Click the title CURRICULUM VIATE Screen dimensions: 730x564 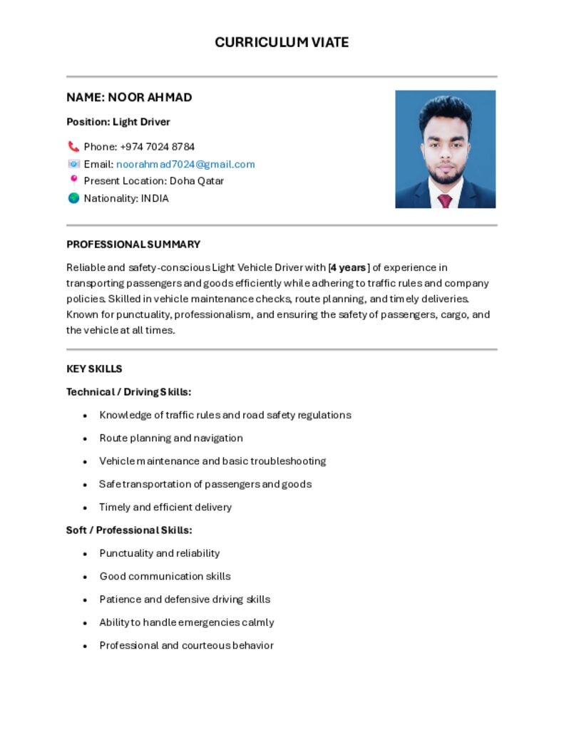click(282, 43)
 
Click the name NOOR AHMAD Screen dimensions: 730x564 click(129, 98)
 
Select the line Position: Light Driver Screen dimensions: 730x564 click(118, 122)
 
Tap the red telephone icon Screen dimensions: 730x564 click(73, 147)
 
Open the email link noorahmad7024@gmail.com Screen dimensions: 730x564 click(185, 164)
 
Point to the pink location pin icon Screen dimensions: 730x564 click(73, 180)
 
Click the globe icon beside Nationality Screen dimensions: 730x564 click(73, 198)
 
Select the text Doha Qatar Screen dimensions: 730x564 click(197, 181)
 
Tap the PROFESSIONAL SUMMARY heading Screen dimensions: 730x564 click(133, 245)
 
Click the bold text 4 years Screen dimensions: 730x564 click(349, 268)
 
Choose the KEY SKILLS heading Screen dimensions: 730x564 click(94, 369)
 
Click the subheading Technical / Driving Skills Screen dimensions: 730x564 click(129, 392)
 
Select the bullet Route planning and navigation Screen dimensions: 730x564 click(171, 438)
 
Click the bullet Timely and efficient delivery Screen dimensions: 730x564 click(165, 508)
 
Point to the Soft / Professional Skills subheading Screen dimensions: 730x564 click(129, 530)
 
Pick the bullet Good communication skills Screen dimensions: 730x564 click(165, 577)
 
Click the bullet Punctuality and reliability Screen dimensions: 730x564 click(160, 553)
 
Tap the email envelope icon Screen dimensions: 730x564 click(73, 164)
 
